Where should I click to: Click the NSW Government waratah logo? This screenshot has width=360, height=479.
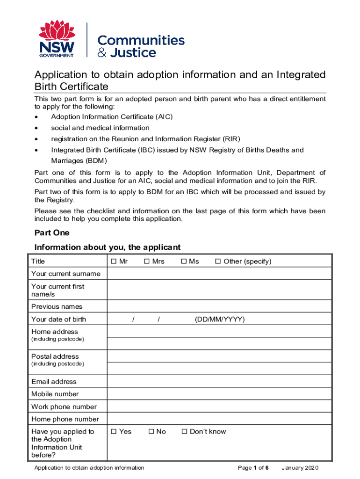click(x=57, y=39)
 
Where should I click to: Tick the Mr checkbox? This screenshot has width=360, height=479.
click(x=114, y=261)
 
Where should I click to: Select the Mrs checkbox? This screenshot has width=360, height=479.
click(x=146, y=261)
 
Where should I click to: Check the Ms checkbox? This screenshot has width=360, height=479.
click(x=184, y=261)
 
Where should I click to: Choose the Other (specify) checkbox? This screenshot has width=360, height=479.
click(x=217, y=261)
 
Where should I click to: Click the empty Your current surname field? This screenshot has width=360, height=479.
click(x=219, y=274)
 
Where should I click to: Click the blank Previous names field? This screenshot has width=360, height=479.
click(x=219, y=307)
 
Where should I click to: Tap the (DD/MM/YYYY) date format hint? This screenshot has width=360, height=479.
click(x=219, y=319)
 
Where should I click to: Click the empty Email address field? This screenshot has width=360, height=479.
click(x=219, y=382)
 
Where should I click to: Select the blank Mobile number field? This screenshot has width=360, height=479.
click(x=219, y=394)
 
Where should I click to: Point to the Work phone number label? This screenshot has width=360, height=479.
click(x=64, y=407)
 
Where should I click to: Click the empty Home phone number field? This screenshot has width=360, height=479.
click(x=219, y=420)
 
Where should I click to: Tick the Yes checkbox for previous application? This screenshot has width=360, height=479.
click(x=114, y=432)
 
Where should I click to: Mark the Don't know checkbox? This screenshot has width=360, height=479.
click(x=184, y=432)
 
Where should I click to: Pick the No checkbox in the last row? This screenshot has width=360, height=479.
click(x=151, y=432)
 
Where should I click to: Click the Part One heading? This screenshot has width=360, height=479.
click(x=52, y=233)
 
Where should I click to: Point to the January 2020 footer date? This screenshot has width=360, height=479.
click(x=300, y=468)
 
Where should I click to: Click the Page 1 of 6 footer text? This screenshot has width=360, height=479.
click(x=253, y=468)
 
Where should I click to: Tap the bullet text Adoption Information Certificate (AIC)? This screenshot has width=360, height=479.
click(x=112, y=117)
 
